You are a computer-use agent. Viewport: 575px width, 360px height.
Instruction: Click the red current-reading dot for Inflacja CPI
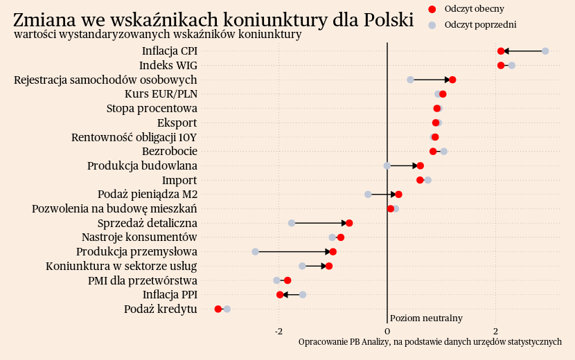click(x=501, y=51)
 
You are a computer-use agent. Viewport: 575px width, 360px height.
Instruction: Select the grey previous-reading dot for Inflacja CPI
click(x=545, y=51)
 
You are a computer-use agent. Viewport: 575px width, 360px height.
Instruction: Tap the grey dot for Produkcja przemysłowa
click(x=255, y=251)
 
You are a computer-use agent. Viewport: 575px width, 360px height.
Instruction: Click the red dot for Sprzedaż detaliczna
click(x=349, y=223)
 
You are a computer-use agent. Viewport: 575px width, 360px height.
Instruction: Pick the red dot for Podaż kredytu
click(x=218, y=309)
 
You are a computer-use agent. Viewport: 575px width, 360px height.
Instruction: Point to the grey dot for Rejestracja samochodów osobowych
click(x=410, y=80)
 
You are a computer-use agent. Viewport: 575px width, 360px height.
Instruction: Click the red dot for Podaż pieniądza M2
click(x=398, y=195)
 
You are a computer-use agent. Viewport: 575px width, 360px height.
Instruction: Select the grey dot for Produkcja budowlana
click(x=387, y=165)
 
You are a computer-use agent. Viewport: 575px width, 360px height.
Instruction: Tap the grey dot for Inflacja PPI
click(x=303, y=294)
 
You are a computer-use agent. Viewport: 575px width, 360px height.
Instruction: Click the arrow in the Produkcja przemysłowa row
click(x=294, y=251)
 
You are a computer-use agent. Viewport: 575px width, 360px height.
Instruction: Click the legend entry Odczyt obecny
click(x=475, y=9)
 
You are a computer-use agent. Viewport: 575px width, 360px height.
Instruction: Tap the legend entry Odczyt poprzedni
click(x=481, y=25)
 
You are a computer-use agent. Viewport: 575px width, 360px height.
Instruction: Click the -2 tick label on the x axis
click(x=278, y=331)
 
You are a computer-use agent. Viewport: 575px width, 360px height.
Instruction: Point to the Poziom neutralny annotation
click(x=426, y=318)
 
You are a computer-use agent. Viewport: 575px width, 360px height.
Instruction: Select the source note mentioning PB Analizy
click(x=430, y=342)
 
